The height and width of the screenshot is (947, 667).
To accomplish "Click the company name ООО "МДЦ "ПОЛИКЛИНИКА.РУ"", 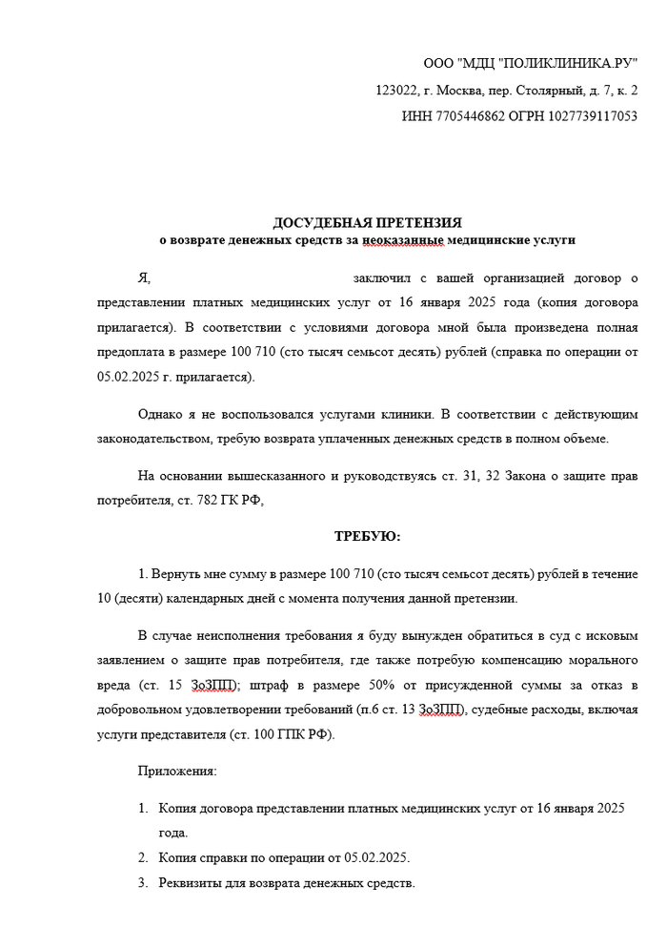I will click(x=531, y=64).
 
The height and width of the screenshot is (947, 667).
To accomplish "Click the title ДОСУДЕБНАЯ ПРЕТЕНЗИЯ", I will click(x=367, y=222).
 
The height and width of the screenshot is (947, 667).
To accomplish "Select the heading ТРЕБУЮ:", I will click(x=367, y=537).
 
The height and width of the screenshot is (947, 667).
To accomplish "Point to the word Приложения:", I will click(x=177, y=770).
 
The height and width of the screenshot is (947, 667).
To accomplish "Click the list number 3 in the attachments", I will click(x=142, y=882).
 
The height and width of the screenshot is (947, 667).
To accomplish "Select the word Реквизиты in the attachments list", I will click(x=191, y=882).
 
